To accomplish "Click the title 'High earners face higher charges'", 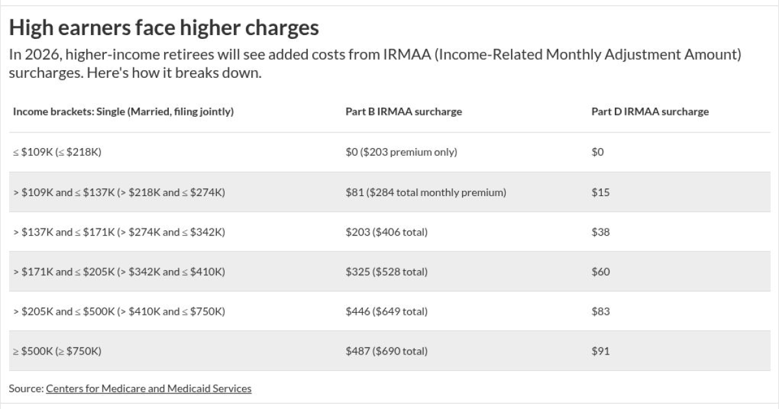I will pyautogui.click(x=164, y=28).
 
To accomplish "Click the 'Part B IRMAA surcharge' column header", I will pyautogui.click(x=403, y=112).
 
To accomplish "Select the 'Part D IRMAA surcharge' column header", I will pyautogui.click(x=649, y=112).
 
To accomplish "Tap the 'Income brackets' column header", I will pyautogui.click(x=123, y=112).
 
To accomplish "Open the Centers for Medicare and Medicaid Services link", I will pyautogui.click(x=148, y=388).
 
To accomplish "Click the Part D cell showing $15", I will pyautogui.click(x=600, y=192).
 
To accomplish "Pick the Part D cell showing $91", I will pyautogui.click(x=600, y=351).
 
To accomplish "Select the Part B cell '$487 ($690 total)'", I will pyautogui.click(x=386, y=351).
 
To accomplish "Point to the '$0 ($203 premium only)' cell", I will pyautogui.click(x=401, y=152).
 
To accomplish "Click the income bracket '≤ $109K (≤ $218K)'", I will pyautogui.click(x=57, y=152).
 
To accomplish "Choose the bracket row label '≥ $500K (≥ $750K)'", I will pyautogui.click(x=57, y=351).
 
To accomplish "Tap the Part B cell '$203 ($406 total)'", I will pyautogui.click(x=386, y=232).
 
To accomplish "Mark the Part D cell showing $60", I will pyautogui.click(x=600, y=271).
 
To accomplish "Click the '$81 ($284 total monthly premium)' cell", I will pyautogui.click(x=425, y=192).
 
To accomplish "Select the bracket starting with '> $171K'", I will pyautogui.click(x=119, y=271).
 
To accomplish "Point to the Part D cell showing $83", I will pyautogui.click(x=600, y=312).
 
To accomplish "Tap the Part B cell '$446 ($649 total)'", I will pyautogui.click(x=386, y=312).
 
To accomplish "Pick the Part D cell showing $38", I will pyautogui.click(x=600, y=232).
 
